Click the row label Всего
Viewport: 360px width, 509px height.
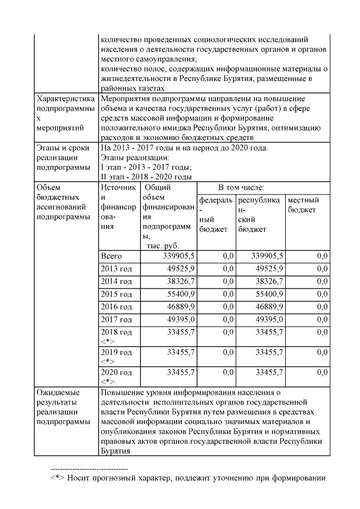(x=110, y=256)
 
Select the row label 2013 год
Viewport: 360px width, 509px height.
(x=116, y=268)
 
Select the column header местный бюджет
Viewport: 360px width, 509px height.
(x=303, y=205)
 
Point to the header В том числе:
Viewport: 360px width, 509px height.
(x=241, y=187)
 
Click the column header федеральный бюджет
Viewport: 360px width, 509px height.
(x=215, y=215)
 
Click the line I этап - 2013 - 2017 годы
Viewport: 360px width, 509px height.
(x=146, y=167)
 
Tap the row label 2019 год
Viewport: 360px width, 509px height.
(x=116, y=352)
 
